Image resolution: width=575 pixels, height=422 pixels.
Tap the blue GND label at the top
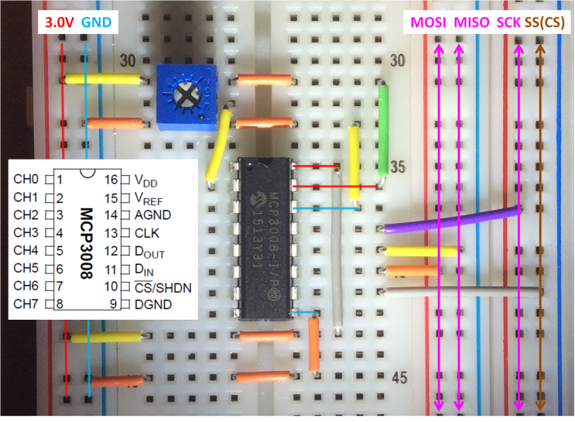(x=95, y=22)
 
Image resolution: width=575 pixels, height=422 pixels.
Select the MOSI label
(x=429, y=22)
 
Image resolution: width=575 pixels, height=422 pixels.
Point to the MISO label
(x=471, y=22)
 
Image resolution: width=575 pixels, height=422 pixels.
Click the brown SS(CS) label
(x=546, y=22)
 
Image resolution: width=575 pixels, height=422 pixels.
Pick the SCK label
(x=508, y=22)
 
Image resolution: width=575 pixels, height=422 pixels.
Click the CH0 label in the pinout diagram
(x=26, y=180)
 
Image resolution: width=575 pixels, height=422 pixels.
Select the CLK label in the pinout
(x=147, y=233)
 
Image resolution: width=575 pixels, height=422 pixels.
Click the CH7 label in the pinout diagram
(x=26, y=305)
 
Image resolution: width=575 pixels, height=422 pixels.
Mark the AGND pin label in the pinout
(x=152, y=215)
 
